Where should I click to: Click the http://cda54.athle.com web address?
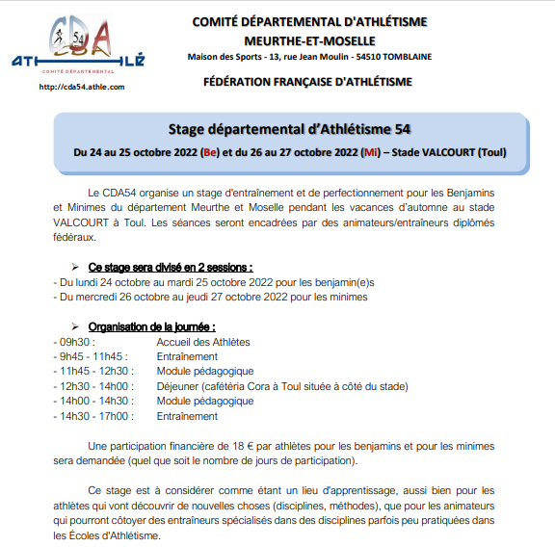[80, 88]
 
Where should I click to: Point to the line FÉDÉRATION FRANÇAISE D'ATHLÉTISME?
[308, 83]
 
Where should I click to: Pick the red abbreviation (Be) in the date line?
[211, 152]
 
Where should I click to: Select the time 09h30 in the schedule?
[75, 342]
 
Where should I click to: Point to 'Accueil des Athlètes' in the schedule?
[203, 342]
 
